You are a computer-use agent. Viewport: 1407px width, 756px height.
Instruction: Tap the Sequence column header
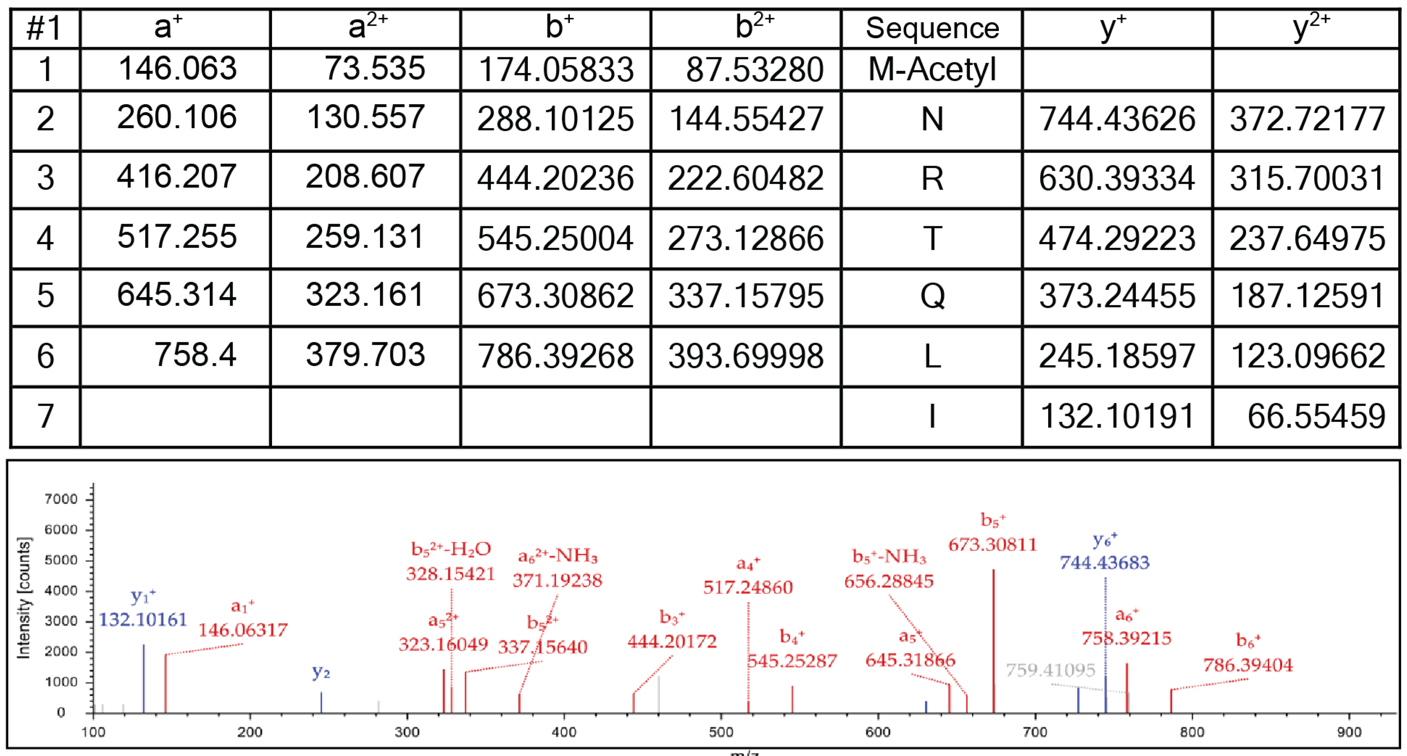click(x=932, y=28)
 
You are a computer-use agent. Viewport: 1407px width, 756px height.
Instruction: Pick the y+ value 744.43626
click(x=1117, y=119)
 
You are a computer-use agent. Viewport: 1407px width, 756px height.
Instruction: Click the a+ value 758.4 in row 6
click(x=195, y=355)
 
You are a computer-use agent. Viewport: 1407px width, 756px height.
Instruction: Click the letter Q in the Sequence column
click(x=932, y=296)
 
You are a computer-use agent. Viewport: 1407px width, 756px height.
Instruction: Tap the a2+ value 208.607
click(x=365, y=177)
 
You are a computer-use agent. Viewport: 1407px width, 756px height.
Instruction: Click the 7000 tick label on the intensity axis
click(x=61, y=499)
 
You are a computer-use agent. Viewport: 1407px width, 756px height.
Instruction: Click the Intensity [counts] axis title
click(x=24, y=598)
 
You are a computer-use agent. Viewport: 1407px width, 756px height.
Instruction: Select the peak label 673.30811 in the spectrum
click(x=992, y=544)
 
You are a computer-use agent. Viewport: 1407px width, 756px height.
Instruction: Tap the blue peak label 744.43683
click(x=1104, y=562)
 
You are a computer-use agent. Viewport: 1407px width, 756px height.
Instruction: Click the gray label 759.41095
click(x=1050, y=670)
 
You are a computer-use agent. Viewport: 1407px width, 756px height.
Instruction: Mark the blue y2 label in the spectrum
click(x=321, y=672)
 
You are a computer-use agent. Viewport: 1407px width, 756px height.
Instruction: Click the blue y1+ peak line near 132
click(x=144, y=679)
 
